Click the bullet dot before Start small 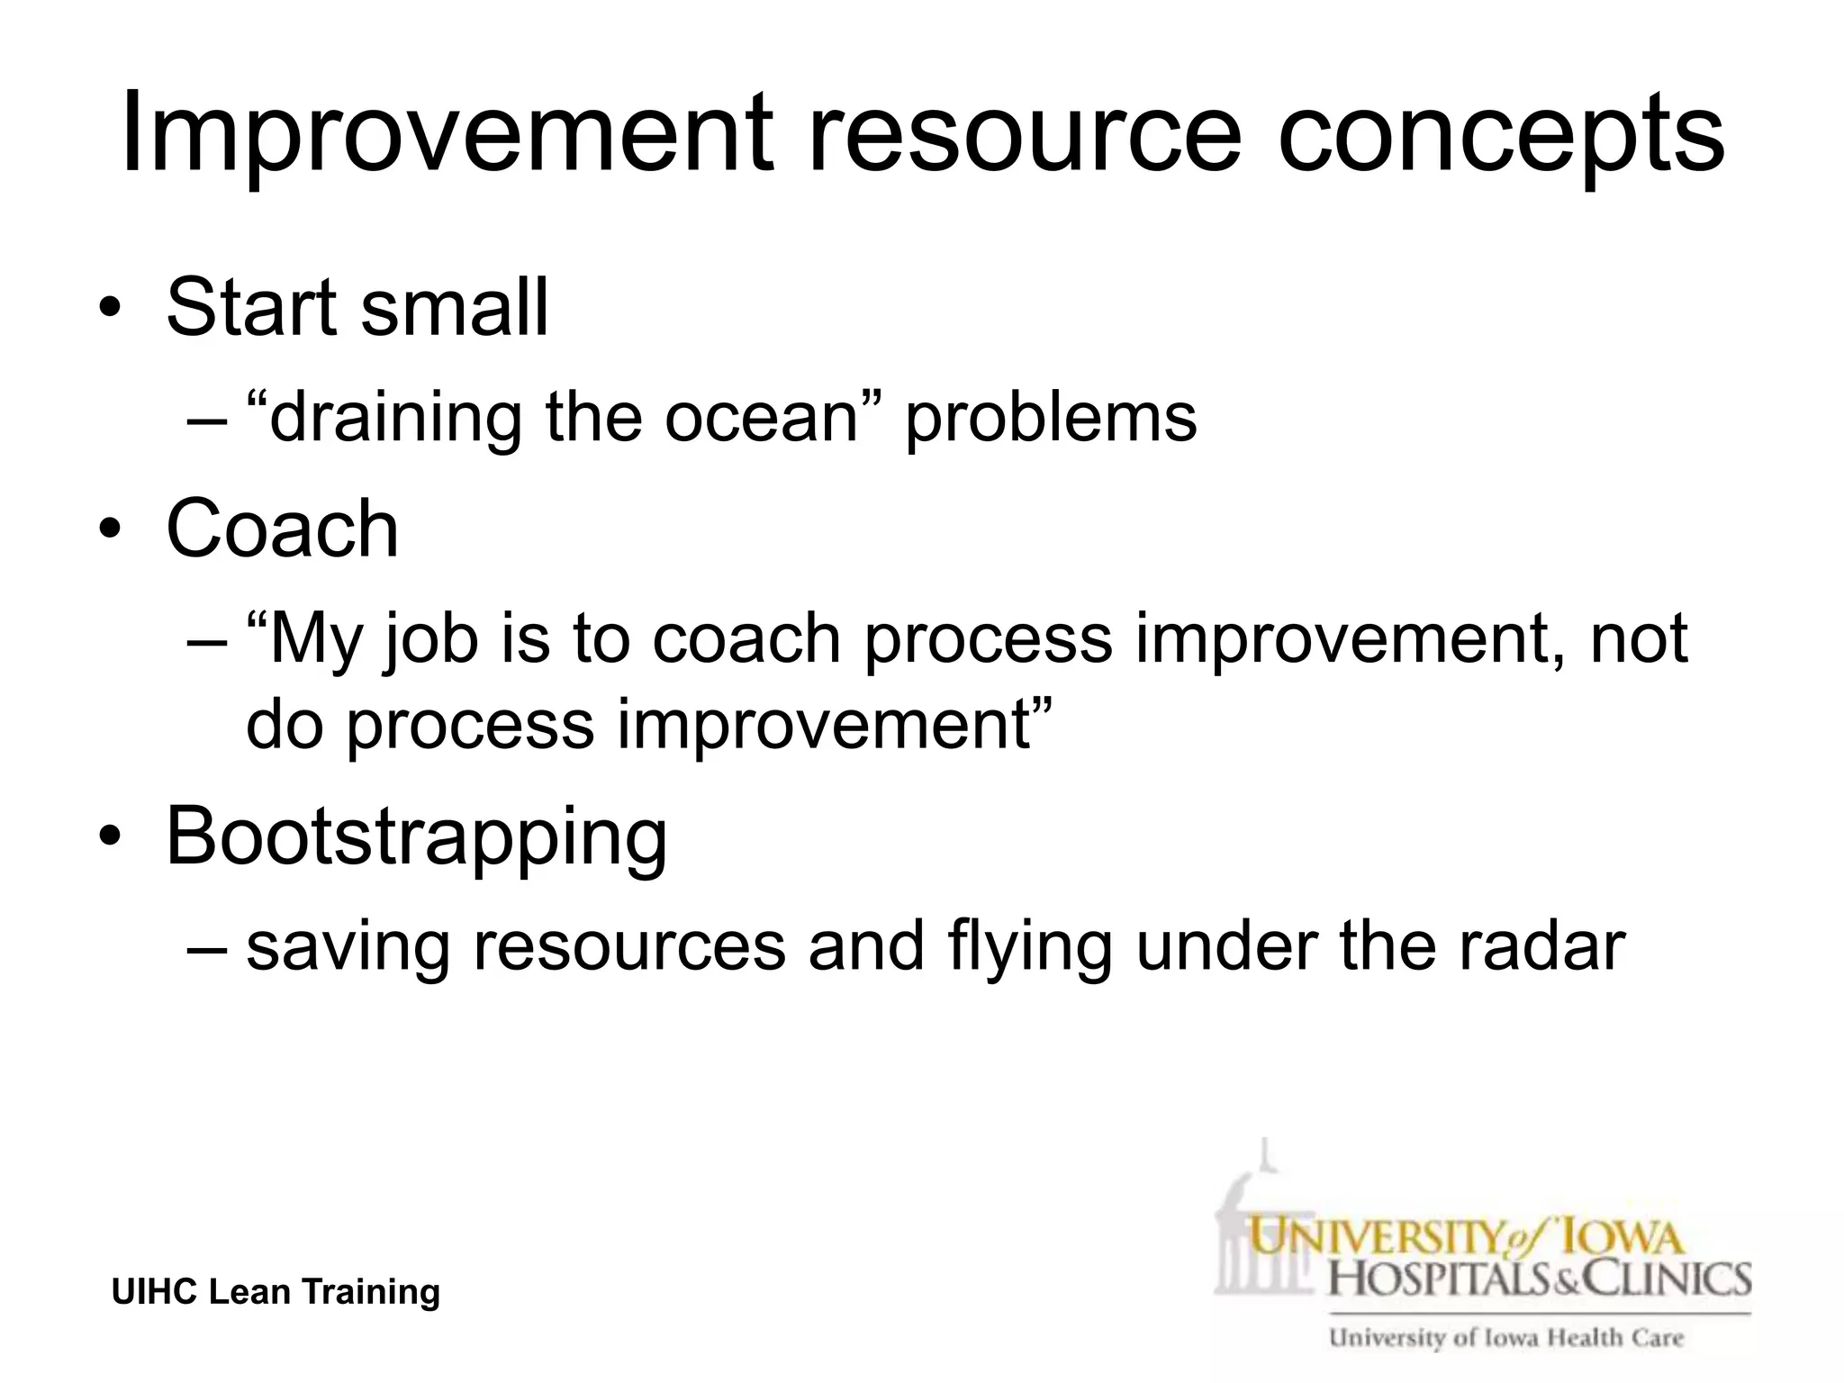(x=110, y=308)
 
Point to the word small (x=454, y=308)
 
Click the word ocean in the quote (x=761, y=418)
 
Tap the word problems (x=1051, y=418)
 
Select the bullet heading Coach (x=282, y=529)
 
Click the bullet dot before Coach (x=110, y=529)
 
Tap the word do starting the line (x=284, y=724)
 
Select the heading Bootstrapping (x=416, y=837)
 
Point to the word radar (x=1541, y=947)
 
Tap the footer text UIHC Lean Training (x=276, y=1292)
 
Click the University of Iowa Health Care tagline (x=1505, y=1338)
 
